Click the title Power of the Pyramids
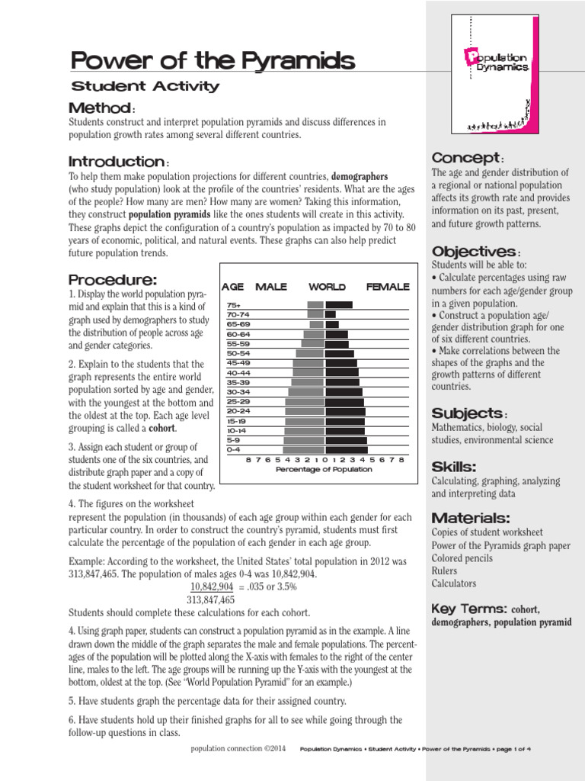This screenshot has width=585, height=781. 212,60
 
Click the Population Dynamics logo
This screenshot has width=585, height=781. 499,62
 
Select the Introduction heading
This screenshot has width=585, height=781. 117,162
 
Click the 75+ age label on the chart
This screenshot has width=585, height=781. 234,305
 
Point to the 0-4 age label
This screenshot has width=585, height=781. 234,450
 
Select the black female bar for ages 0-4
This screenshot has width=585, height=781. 346,450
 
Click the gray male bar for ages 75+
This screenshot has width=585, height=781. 315,305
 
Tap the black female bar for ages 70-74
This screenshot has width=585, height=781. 330,314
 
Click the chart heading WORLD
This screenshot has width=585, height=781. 327,287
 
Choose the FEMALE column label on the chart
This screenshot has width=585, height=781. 388,287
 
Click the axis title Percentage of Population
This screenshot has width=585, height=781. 324,470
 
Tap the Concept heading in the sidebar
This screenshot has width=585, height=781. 465,157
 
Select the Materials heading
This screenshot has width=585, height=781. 471,517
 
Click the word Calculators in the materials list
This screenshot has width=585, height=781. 454,583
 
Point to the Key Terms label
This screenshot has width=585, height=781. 469,609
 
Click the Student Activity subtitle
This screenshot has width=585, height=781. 145,86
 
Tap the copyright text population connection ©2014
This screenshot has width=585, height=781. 238,749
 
